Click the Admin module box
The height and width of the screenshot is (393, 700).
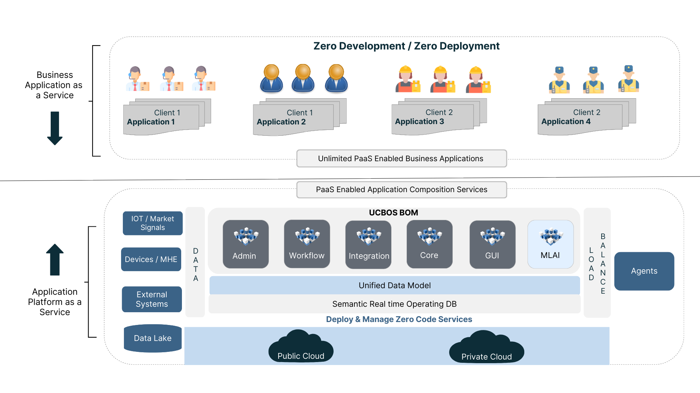pyautogui.click(x=245, y=244)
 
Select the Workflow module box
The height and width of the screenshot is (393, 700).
pyautogui.click(x=307, y=244)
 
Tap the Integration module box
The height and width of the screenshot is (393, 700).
pyautogui.click(x=368, y=245)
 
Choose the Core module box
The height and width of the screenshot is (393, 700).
pyautogui.click(x=429, y=244)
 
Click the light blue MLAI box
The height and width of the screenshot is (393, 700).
pyautogui.click(x=551, y=244)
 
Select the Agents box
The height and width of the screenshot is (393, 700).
pyautogui.click(x=644, y=271)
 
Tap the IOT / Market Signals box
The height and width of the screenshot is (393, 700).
pyautogui.click(x=152, y=223)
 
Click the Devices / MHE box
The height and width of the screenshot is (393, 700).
pyautogui.click(x=151, y=259)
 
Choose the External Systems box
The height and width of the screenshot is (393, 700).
pyautogui.click(x=152, y=299)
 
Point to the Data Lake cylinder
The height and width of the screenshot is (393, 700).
pyautogui.click(x=152, y=338)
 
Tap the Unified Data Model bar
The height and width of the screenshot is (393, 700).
pyautogui.click(x=394, y=285)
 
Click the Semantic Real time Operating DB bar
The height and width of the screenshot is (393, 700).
pyautogui.click(x=394, y=304)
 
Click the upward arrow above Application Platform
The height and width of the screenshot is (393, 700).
pyautogui.click(x=55, y=259)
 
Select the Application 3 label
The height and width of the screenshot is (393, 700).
pyautogui.click(x=419, y=122)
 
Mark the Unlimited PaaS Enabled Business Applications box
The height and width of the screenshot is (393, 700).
pyautogui.click(x=401, y=159)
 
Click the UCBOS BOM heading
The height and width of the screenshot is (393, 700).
pyautogui.click(x=393, y=213)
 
